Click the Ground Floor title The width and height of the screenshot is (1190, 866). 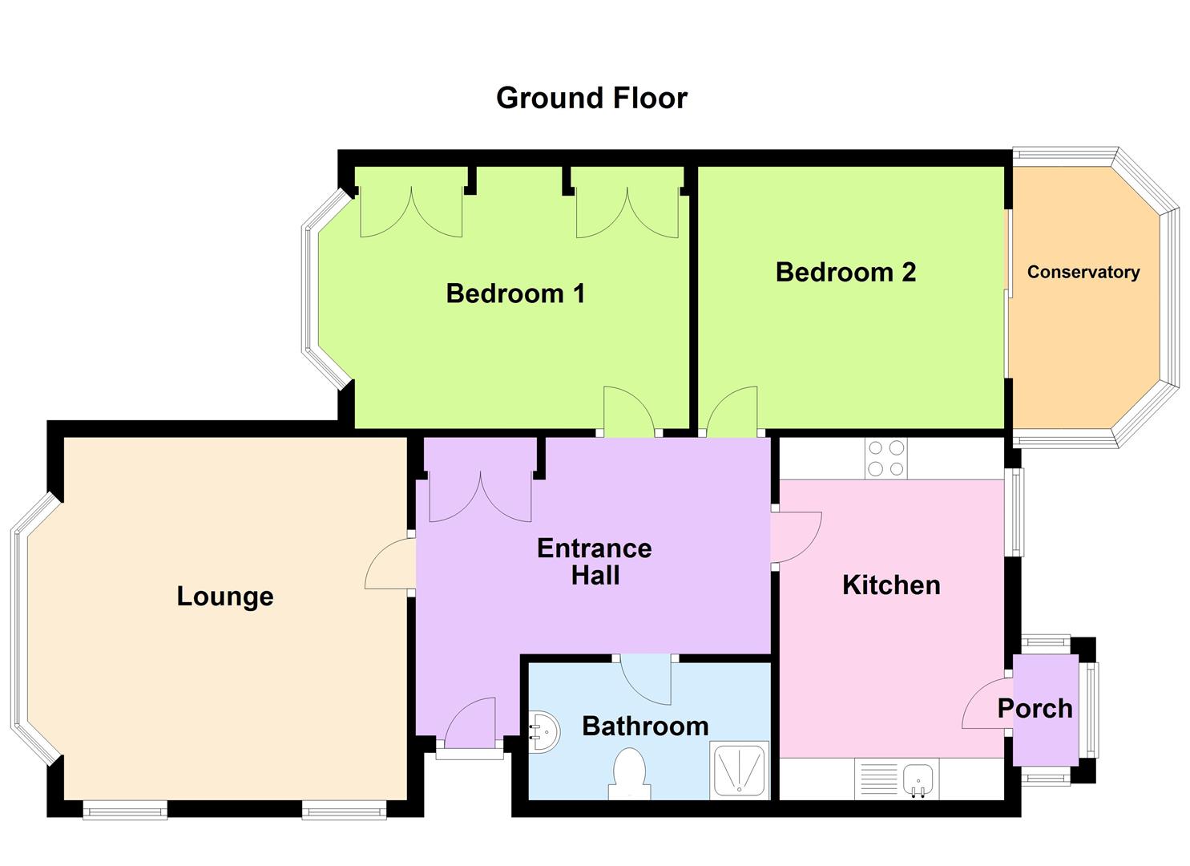[591, 98]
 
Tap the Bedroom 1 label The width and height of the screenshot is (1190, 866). [515, 293]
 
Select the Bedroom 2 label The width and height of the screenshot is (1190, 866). [845, 273]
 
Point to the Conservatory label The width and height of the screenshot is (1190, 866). [1083, 272]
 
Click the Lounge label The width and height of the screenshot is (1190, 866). [225, 597]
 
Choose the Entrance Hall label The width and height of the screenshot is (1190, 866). [595, 561]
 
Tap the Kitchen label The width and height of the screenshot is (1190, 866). [891, 585]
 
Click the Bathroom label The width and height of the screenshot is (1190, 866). [645, 726]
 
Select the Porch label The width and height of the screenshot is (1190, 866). [1035, 709]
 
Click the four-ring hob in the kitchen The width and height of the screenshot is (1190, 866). [885, 459]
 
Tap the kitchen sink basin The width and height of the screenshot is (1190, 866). [918, 779]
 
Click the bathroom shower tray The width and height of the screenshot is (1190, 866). [739, 770]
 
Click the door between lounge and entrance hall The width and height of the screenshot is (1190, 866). [391, 565]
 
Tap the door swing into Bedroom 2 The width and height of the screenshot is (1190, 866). [731, 412]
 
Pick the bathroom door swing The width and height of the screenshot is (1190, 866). [646, 680]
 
